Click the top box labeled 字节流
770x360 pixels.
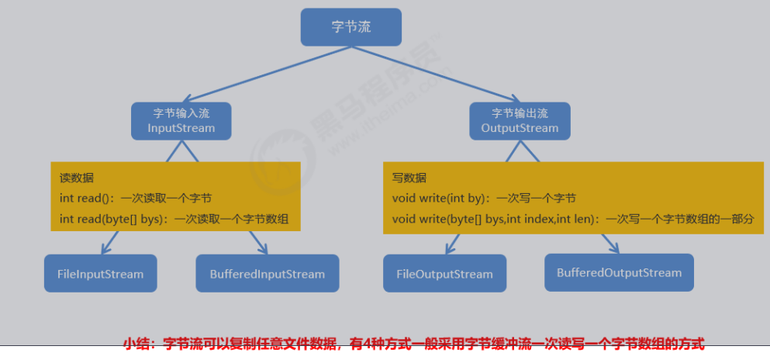pos(350,26)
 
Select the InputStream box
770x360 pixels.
pos(181,121)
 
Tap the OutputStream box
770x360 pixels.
pos(520,121)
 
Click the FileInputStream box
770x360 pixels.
pos(100,274)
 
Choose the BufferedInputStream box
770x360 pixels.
pos(268,274)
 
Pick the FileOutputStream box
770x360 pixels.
pos(444,274)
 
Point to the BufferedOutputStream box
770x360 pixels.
pos(619,272)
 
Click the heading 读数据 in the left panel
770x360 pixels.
pos(77,178)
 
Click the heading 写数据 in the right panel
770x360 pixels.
pos(409,178)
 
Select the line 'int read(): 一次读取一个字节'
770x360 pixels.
pos(136,198)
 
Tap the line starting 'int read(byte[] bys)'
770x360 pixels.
pos(174,219)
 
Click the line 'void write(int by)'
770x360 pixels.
pos(484,198)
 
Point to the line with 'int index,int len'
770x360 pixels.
pos(572,219)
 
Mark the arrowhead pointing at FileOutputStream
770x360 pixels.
pos(447,249)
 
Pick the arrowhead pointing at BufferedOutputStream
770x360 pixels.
pos(612,247)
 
